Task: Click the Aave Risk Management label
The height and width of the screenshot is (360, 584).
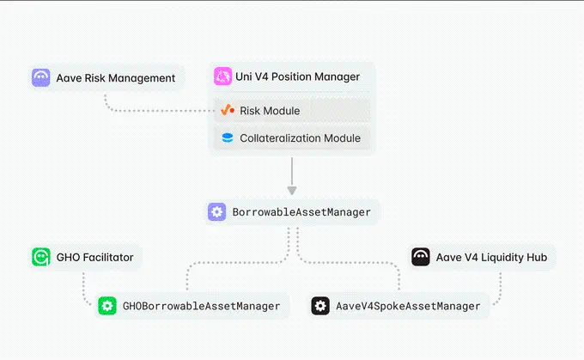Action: point(116,77)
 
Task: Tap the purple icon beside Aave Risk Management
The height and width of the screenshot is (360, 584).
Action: point(40,77)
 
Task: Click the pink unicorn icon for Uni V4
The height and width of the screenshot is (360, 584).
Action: point(223,77)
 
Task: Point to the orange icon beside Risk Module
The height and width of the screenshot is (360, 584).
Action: point(228,111)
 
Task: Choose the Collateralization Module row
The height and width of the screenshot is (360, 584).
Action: point(300,137)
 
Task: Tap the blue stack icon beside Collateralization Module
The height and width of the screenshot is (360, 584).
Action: point(228,137)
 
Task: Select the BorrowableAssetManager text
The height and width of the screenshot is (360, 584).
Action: point(301,212)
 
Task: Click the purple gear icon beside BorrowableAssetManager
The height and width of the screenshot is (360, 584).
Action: point(217,212)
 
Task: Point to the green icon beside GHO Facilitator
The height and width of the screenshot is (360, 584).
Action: point(40,256)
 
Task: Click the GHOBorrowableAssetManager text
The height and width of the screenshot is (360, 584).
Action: point(201,306)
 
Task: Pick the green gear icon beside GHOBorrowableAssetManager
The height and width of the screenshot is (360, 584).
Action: point(107,306)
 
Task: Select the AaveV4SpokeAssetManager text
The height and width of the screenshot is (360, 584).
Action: point(408,306)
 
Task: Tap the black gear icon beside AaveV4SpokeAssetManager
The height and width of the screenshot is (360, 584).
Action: point(320,306)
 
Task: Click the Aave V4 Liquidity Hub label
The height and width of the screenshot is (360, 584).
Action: point(493,256)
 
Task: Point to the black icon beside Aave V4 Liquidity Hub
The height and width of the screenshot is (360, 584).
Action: point(421,256)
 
